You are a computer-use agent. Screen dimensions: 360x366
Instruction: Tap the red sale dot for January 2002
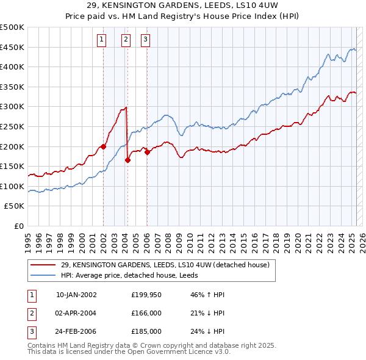[x=104, y=146]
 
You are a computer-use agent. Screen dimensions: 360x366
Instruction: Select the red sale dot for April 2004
[x=128, y=160]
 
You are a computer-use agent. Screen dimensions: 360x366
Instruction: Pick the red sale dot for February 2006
[x=148, y=153]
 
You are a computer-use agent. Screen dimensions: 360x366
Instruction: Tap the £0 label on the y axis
[x=19, y=226]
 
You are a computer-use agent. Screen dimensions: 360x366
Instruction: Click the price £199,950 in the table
[x=146, y=294]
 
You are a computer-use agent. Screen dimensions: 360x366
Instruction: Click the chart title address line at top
[x=183, y=5]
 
